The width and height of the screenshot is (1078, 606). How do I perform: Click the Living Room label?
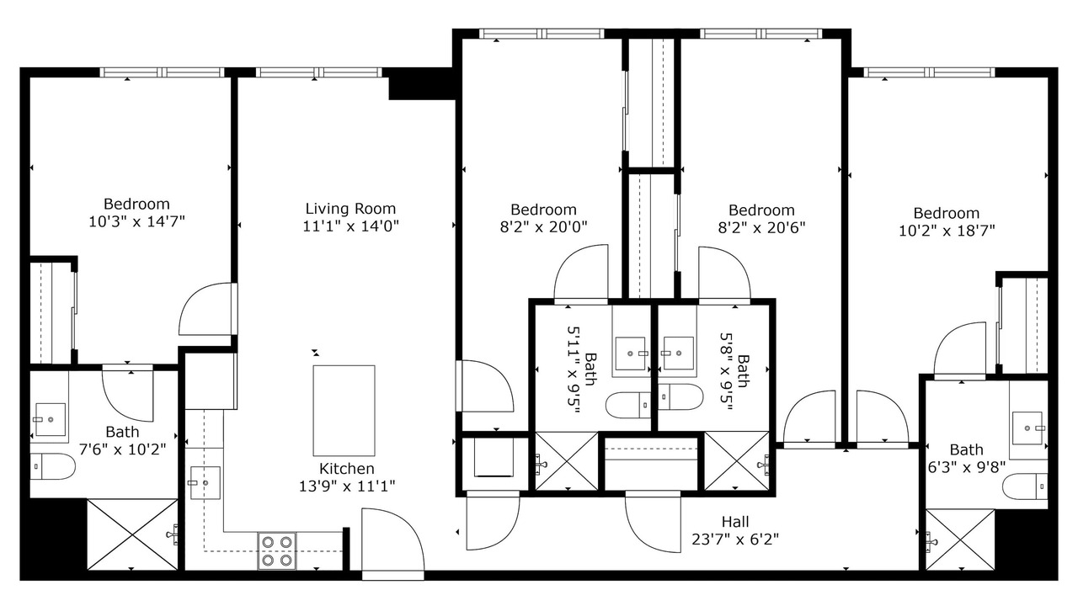click(x=350, y=209)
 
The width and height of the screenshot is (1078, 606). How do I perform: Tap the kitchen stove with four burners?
click(x=277, y=551)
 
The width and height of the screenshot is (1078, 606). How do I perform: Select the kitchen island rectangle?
click(x=344, y=411)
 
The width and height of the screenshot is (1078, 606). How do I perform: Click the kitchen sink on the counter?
click(x=205, y=483)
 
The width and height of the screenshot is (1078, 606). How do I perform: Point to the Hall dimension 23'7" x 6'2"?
click(x=735, y=540)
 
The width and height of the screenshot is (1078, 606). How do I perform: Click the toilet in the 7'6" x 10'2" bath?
click(x=52, y=466)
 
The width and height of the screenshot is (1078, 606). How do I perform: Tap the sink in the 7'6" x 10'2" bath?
click(x=51, y=419)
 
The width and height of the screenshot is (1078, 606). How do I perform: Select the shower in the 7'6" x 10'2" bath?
click(x=132, y=534)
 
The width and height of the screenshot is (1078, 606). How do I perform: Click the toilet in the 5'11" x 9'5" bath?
click(x=628, y=406)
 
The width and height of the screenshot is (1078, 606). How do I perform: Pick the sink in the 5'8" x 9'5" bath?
click(x=678, y=353)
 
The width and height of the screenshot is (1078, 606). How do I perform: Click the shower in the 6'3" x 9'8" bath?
click(x=960, y=540)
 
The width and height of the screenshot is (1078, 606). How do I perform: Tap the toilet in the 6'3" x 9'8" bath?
click(x=1026, y=486)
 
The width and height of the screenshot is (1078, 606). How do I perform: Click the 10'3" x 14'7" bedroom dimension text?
click(x=137, y=221)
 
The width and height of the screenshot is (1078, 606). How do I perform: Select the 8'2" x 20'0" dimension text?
click(x=544, y=227)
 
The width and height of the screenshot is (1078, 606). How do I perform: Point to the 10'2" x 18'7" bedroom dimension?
click(x=947, y=231)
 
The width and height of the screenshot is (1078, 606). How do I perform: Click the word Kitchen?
click(x=346, y=469)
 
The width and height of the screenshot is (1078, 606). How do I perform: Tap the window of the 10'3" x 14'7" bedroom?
click(x=163, y=72)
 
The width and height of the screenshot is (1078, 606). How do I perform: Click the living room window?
click(x=318, y=72)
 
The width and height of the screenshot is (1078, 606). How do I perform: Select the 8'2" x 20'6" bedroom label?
click(x=761, y=210)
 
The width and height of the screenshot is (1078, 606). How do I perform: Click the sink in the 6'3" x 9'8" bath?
click(x=1027, y=428)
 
